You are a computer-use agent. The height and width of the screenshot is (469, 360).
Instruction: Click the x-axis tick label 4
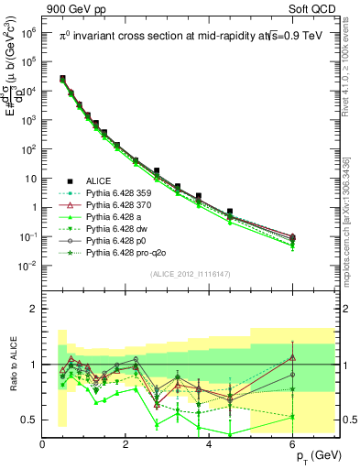pyautogui.click(x=210, y=443)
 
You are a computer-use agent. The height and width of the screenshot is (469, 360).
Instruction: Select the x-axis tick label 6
pyautogui.click(x=293, y=443)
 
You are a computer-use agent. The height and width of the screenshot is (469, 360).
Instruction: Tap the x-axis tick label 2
pyautogui.click(x=126, y=443)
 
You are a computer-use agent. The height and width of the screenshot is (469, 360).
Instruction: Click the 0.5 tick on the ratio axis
pyautogui.click(x=30, y=420)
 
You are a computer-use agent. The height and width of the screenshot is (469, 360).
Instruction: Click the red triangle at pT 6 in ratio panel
pyautogui.click(x=293, y=357)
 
